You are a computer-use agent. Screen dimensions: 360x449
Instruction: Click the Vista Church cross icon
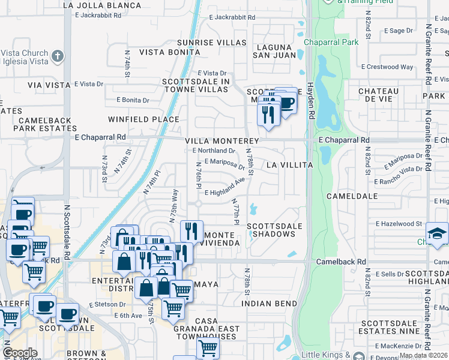[x=57, y=56]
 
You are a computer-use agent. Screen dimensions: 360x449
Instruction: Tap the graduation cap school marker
[x=437, y=234]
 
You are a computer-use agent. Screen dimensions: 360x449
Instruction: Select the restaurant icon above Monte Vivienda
[x=191, y=230]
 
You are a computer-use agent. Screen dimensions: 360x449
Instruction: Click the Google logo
[x=20, y=353]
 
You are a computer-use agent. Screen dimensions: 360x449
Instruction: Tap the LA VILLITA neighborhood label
[x=290, y=164]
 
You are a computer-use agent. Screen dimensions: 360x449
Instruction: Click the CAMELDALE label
[x=352, y=196]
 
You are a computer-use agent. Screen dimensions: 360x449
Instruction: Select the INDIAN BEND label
[x=270, y=304]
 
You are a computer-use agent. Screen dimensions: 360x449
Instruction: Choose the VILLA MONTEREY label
[x=221, y=141]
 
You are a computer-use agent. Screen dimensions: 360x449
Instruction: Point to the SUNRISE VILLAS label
[x=203, y=43]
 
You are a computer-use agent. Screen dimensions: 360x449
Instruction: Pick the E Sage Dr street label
[x=393, y=30]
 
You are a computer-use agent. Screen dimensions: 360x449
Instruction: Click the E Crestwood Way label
[x=387, y=67]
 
